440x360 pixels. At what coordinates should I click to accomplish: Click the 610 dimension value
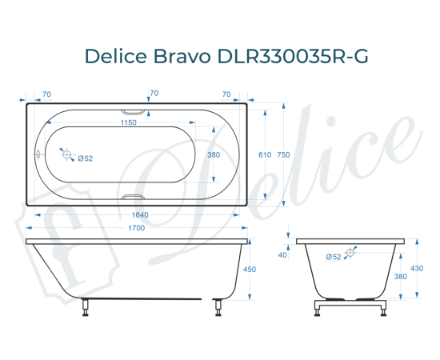[x=253, y=154]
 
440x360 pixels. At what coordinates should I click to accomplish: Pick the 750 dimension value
[x=283, y=154]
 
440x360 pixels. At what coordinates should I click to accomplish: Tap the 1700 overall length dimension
[x=136, y=229]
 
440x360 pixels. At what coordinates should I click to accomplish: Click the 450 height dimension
[x=249, y=270]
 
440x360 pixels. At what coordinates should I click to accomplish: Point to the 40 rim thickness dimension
[x=282, y=255]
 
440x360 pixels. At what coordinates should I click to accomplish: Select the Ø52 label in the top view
[x=86, y=158]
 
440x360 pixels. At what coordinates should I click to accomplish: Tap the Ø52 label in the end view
[x=334, y=256]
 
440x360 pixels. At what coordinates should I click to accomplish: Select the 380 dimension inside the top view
[x=214, y=154]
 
